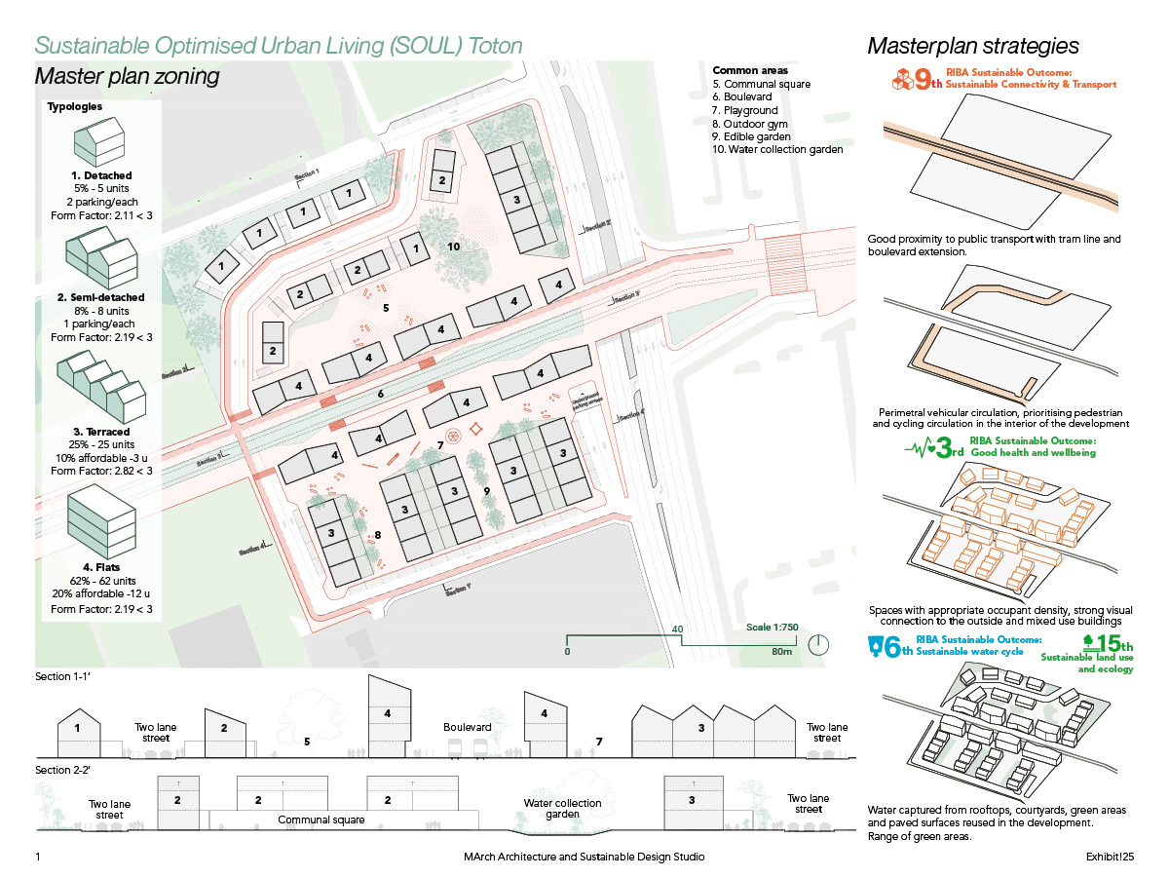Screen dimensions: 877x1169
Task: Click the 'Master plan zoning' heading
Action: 127,76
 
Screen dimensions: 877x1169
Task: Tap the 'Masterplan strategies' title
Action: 972,46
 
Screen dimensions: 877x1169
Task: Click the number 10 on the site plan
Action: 453,247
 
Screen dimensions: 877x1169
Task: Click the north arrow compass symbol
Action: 818,645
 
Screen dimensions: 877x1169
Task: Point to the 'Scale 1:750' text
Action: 772,628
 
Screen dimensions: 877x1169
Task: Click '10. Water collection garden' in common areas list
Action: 777,149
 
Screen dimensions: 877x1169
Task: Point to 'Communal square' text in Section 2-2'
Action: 321,820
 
